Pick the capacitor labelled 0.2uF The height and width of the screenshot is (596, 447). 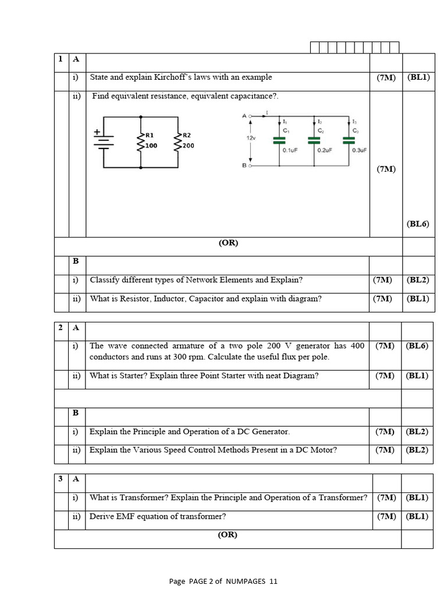[314, 140]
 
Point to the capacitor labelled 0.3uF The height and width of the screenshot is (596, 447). [349, 140]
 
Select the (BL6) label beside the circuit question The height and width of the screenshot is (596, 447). [418, 223]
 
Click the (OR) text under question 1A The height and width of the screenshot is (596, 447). [228, 243]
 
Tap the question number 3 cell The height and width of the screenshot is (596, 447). [61, 479]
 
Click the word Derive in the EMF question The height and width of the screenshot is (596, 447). [102, 516]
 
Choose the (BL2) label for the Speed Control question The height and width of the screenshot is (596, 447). [417, 450]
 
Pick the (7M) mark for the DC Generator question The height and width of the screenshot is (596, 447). [385, 432]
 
